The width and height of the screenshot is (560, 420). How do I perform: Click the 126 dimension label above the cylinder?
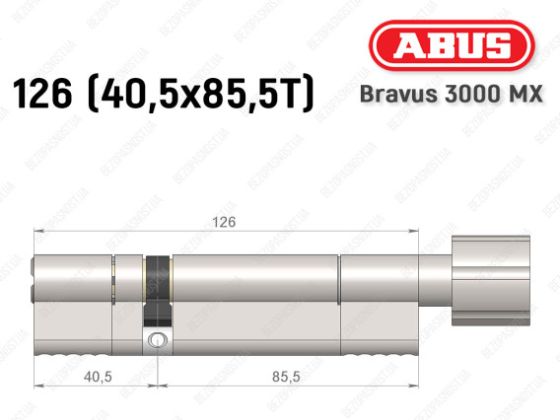[x=225, y=223]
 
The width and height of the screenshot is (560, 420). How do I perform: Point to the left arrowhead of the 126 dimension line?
[x=37, y=233]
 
